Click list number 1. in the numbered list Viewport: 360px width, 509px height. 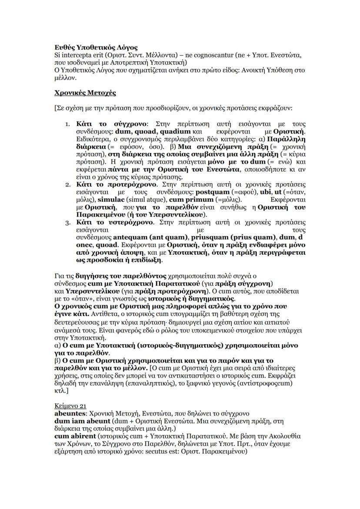(x=68, y=124)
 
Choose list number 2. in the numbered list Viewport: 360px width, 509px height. (x=68, y=184)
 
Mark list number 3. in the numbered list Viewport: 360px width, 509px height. (x=68, y=223)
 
